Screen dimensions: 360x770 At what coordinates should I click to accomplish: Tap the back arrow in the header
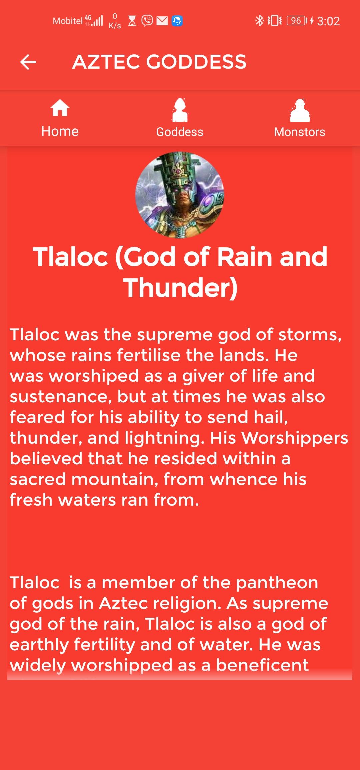pyautogui.click(x=28, y=62)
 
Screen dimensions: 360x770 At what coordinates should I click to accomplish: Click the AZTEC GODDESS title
pyautogui.click(x=159, y=62)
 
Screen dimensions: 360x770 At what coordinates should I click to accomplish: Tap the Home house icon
pyautogui.click(x=60, y=108)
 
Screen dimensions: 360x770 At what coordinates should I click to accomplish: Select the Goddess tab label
pyautogui.click(x=180, y=132)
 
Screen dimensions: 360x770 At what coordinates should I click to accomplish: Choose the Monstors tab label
pyautogui.click(x=300, y=132)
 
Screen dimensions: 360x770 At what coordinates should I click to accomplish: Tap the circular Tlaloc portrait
pyautogui.click(x=180, y=195)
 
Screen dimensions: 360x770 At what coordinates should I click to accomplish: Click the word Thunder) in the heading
pyautogui.click(x=180, y=288)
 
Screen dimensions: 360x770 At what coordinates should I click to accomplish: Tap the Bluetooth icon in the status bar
pyautogui.click(x=259, y=21)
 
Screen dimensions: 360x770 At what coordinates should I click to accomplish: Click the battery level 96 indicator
pyautogui.click(x=297, y=21)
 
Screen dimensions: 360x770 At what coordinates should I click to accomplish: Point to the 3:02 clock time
pyautogui.click(x=328, y=21)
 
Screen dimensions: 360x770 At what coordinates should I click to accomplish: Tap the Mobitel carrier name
pyautogui.click(x=68, y=21)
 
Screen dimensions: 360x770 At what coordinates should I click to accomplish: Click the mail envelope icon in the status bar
pyautogui.click(x=162, y=21)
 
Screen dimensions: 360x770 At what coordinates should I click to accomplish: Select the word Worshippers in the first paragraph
pyautogui.click(x=295, y=438)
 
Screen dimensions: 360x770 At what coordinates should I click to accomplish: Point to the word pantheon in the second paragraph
pyautogui.click(x=277, y=583)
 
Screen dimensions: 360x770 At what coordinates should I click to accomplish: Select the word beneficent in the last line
pyautogui.click(x=262, y=665)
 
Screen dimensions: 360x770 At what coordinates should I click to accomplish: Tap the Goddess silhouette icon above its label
pyautogui.click(x=180, y=110)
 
